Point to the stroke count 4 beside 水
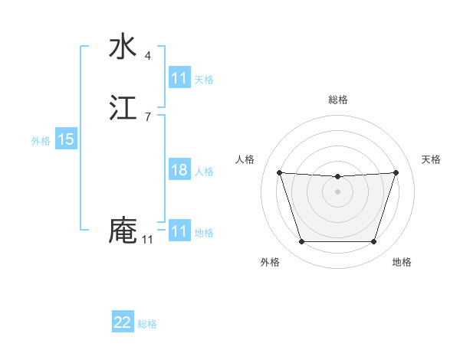[147, 55]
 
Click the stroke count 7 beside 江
[147, 116]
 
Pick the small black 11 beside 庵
[147, 240]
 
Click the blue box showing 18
[179, 170]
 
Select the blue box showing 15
[65, 139]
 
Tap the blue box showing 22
[123, 322]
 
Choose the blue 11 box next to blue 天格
[179, 78]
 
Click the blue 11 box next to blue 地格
[179, 231]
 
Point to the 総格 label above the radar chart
[337, 100]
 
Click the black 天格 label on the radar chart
[432, 159]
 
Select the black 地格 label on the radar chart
[402, 262]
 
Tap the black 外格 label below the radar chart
[270, 262]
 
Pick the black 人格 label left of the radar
[245, 159]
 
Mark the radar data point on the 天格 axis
[396, 172]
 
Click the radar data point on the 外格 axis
[301, 242]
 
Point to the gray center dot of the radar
[337, 191]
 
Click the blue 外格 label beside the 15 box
[41, 140]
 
